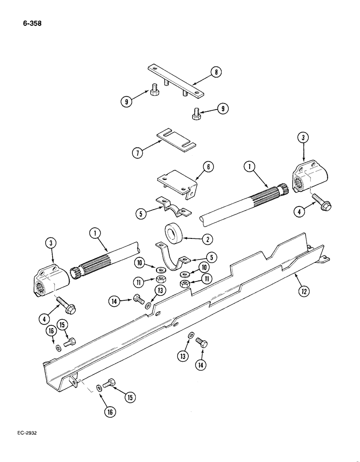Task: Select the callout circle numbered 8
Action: (x=215, y=72)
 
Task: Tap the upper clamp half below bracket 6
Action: (x=172, y=206)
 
